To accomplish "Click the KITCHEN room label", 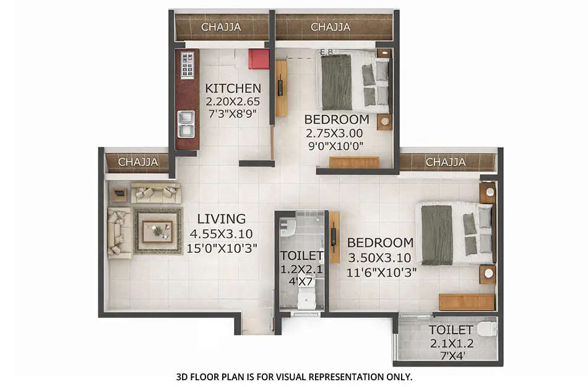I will click(x=233, y=88).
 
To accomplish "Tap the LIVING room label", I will click(x=221, y=219).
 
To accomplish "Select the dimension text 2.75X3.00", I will click(x=334, y=133).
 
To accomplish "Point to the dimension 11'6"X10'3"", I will click(x=381, y=271).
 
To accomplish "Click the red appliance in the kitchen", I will click(x=259, y=59).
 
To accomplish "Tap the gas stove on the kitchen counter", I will click(x=187, y=65).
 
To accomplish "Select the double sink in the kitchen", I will click(x=186, y=123).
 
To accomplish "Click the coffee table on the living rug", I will click(x=157, y=231).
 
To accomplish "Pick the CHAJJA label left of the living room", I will click(x=138, y=162).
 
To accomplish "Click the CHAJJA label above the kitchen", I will click(x=221, y=27).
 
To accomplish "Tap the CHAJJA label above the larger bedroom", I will click(x=445, y=162).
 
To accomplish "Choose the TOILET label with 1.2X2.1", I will click(x=301, y=256).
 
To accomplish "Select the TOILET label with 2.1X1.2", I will click(x=451, y=330).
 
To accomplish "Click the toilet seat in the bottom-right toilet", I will click(x=488, y=329).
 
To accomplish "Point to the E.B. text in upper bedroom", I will click(x=326, y=53).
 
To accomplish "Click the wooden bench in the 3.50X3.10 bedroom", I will click(x=466, y=302).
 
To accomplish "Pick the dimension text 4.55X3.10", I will click(x=221, y=234).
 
